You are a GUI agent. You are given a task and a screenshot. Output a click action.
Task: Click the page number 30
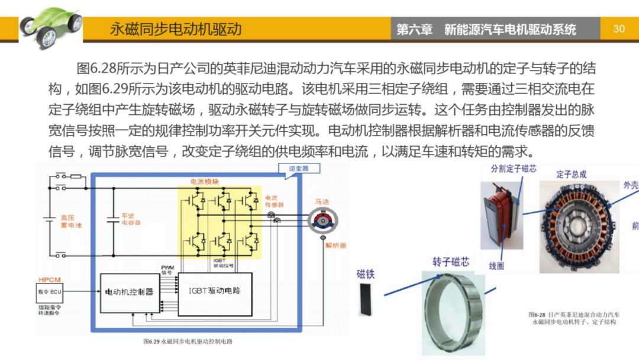(619, 28)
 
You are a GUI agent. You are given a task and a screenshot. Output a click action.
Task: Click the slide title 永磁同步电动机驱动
(176, 29)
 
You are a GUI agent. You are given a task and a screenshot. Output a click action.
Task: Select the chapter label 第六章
(414, 30)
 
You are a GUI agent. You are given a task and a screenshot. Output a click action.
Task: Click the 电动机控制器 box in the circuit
(129, 292)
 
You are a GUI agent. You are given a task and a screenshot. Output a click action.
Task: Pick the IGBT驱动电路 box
(215, 291)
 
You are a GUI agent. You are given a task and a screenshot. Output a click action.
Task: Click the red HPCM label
(49, 278)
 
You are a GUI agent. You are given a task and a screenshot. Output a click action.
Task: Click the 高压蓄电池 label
(72, 221)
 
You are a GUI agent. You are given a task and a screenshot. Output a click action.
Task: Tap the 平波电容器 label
(131, 220)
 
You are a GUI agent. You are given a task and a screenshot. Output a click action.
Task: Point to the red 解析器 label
(335, 245)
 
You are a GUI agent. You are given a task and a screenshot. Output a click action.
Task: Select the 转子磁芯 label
(452, 262)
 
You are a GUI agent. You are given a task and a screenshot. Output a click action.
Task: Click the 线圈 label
(496, 266)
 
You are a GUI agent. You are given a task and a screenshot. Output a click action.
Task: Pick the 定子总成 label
(571, 174)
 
